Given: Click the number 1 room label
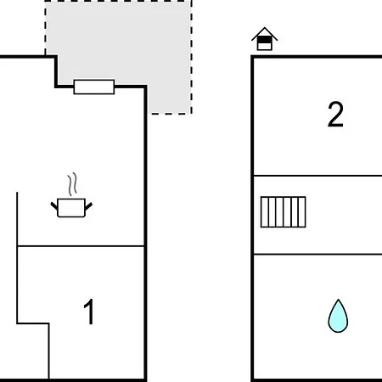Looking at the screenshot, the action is (x=89, y=312).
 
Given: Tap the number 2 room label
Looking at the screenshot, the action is (x=335, y=115).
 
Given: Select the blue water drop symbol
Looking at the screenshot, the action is (x=338, y=317).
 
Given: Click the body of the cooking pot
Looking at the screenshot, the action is (x=71, y=208).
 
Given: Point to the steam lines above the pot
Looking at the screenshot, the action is (x=72, y=184).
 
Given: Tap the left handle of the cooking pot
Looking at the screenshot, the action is (x=54, y=205).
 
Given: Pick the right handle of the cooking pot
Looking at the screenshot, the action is (x=88, y=206).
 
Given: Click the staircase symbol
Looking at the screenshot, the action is (x=284, y=212).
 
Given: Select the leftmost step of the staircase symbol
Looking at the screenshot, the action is (x=265, y=212).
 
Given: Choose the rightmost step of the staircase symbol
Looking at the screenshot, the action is (x=302, y=212).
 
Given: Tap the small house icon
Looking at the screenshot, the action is (x=265, y=39).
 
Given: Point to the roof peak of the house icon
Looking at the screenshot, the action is (x=265, y=28).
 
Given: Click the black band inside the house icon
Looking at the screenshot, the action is (x=265, y=40).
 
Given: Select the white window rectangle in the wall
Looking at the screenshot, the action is (x=94, y=87).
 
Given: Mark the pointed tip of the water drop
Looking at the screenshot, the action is (x=338, y=300).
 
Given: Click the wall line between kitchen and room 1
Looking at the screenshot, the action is (x=81, y=246).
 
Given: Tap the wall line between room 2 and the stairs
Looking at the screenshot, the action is (x=317, y=176).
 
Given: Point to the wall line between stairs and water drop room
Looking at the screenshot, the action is (x=317, y=255).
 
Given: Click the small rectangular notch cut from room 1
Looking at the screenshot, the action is (x=33, y=351).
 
